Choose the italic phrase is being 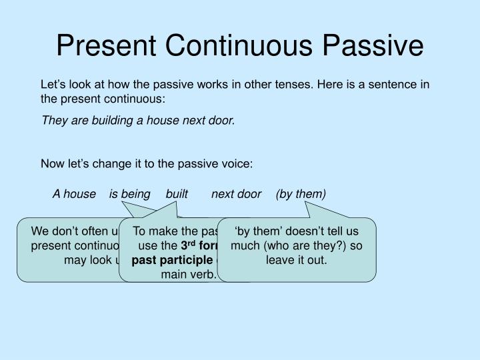click(130, 194)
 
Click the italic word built click(177, 194)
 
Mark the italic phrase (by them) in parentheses click(301, 194)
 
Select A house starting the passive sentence click(74, 194)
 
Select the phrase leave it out click(297, 260)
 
